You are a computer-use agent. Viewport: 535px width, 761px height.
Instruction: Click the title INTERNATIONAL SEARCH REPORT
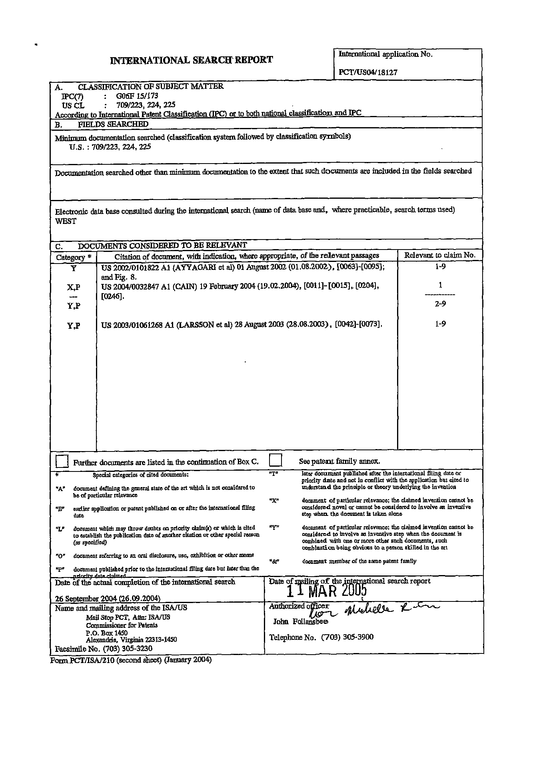click(x=191, y=60)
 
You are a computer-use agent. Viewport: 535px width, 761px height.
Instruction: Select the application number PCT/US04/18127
click(x=368, y=72)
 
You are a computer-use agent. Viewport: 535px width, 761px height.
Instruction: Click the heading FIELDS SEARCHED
click(x=113, y=124)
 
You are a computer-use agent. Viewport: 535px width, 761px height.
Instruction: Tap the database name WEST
click(x=66, y=221)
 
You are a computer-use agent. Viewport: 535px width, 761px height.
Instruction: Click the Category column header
click(x=74, y=257)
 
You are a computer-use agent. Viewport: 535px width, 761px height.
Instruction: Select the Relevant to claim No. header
click(x=440, y=255)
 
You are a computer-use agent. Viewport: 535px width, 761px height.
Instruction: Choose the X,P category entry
click(x=74, y=287)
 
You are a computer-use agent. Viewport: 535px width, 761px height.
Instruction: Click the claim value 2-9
click(x=440, y=304)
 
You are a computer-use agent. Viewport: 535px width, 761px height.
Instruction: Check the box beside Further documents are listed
click(x=62, y=461)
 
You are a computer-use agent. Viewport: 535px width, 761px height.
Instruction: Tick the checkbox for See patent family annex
click(x=275, y=460)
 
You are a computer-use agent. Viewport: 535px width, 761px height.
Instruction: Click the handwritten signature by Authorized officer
click(x=372, y=610)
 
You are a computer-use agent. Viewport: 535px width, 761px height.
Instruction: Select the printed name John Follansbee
click(x=300, y=621)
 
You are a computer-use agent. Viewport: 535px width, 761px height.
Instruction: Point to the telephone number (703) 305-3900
click(x=347, y=637)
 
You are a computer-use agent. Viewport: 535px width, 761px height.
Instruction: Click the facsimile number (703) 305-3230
click(x=128, y=648)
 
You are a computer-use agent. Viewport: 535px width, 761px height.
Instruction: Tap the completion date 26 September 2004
click(x=108, y=599)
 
